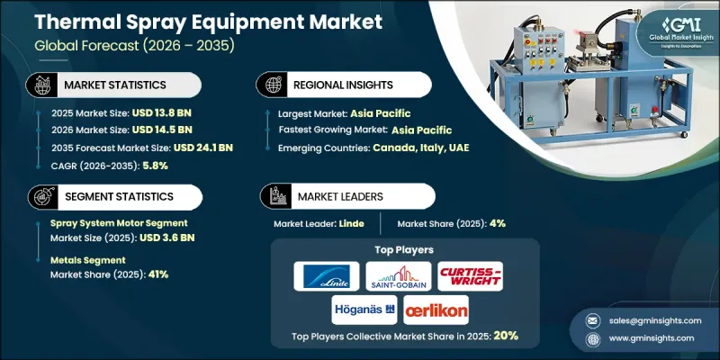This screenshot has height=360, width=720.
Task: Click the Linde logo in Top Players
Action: click(326, 276)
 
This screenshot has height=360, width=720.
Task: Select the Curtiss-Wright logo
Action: click(472, 276)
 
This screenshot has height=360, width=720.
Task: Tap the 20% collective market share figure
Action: click(505, 336)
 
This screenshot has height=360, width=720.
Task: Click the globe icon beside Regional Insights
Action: click(271, 84)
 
